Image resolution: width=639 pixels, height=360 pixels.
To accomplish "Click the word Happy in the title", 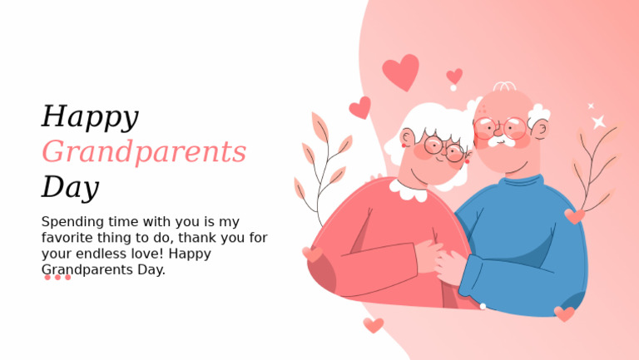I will (90, 117).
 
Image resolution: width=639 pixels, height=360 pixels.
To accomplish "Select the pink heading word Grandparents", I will (144, 152).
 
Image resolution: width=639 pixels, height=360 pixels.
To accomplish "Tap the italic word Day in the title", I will (70, 187).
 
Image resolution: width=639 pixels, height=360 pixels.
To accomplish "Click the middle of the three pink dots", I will (57, 278).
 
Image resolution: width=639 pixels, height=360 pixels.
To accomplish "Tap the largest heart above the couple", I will (401, 72).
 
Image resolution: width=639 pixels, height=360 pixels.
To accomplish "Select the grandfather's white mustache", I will (502, 141).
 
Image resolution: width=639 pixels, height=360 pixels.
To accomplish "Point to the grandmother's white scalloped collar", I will (409, 190).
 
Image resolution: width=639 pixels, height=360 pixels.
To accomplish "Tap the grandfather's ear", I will (541, 130).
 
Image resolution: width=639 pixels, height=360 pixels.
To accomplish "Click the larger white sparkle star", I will (598, 122).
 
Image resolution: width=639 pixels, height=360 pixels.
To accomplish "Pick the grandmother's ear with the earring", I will (407, 139).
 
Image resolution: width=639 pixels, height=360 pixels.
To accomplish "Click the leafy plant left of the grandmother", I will (324, 166).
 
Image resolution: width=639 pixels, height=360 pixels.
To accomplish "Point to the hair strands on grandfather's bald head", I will (504, 86).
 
